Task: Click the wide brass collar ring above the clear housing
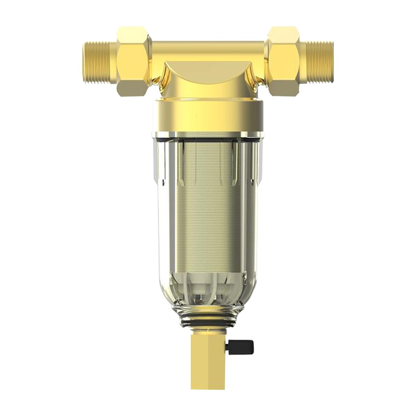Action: pos(208,114)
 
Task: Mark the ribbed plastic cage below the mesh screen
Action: pos(208,286)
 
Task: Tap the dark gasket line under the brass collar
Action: pos(208,135)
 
